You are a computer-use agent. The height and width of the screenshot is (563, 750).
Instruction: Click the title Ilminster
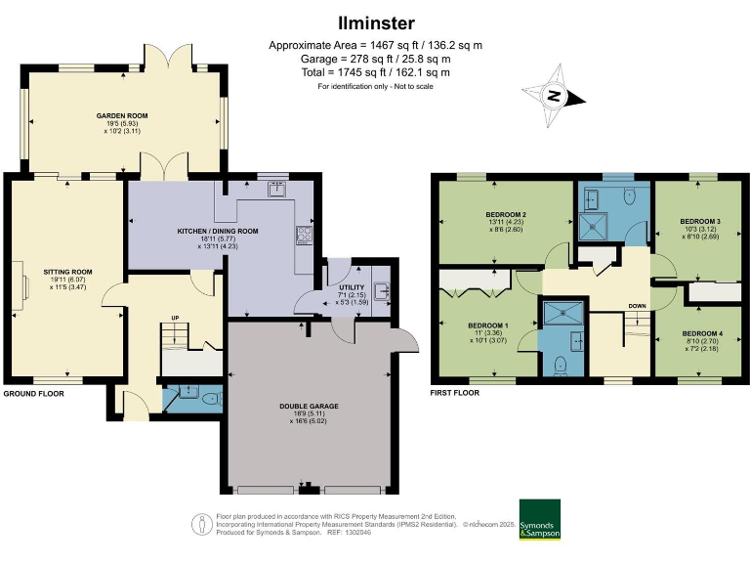coord(375,22)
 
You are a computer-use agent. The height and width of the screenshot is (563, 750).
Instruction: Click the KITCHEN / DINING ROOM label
coord(217,231)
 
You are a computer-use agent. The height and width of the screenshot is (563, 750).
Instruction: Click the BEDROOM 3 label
coord(699,222)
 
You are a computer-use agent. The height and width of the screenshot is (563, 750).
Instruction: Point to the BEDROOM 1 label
coord(489,325)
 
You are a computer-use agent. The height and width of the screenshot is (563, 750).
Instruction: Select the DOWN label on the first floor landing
coord(637,305)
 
